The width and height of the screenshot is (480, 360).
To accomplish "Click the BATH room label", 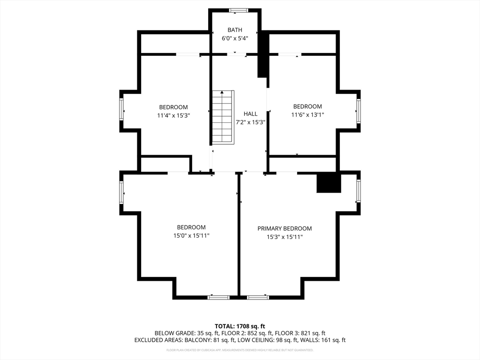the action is point(235,30).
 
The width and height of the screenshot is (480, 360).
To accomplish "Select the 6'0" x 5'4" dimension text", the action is point(235,38).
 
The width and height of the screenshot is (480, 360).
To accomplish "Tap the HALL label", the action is point(250,114).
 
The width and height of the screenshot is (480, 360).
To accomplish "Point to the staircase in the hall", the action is point(223,117).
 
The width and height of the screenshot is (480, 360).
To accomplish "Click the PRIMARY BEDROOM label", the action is point(285,228).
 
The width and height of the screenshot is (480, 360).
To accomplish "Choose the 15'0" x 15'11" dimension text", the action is point(191,235).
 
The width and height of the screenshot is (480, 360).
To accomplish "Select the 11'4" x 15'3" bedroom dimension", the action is point(173,115).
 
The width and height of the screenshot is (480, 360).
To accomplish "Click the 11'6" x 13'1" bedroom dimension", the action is point(307,115).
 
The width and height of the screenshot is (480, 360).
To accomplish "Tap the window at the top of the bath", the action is point(239,10).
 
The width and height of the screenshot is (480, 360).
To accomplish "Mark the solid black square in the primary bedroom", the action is point(329,182).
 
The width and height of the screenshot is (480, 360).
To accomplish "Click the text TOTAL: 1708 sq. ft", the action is point(240,326).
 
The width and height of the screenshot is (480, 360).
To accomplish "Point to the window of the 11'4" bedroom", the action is point(121,110).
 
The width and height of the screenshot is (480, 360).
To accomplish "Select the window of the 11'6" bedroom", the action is point(358,111).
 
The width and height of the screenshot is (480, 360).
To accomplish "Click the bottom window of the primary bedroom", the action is point(258,297).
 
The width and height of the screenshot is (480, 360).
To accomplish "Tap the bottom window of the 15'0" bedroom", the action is point(218,297).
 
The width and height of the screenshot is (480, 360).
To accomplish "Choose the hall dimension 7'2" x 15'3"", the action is point(250,122).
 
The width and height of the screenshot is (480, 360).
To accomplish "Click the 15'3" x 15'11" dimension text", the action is point(285,237).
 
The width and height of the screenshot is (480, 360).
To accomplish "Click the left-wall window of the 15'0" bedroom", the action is point(121,193).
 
